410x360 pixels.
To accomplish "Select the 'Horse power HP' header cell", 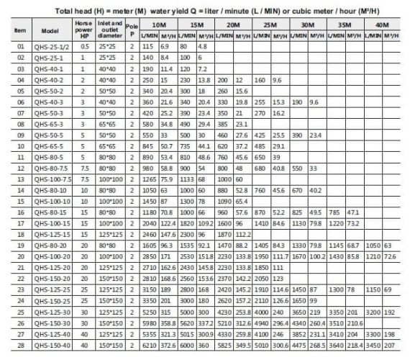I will pos(85,31).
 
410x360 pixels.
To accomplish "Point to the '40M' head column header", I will pos(383,24).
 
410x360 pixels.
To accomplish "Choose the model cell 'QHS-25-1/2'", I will pos(50,45).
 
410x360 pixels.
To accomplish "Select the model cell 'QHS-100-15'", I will pos(50,224).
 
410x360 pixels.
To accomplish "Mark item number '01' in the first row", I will pos(20,45).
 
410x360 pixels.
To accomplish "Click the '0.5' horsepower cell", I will pos(85,45).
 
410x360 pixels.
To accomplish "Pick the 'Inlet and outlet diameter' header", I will pos(109,31).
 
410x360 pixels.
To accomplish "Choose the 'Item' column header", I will pos(20,31).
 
